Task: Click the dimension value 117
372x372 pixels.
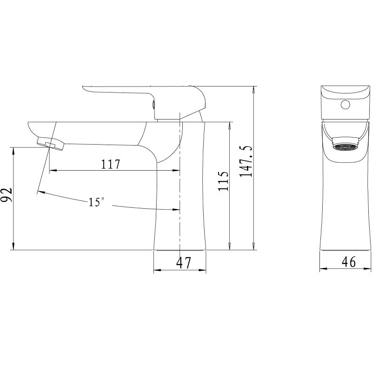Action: [x=111, y=164]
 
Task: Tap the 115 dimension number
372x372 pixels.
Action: [x=223, y=181]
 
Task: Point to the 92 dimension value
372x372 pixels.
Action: [x=7, y=195]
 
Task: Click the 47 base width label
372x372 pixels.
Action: [x=183, y=263]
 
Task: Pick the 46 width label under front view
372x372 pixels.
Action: [x=349, y=262]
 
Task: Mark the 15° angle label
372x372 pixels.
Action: [x=96, y=202]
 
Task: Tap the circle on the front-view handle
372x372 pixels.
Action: [x=345, y=105]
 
